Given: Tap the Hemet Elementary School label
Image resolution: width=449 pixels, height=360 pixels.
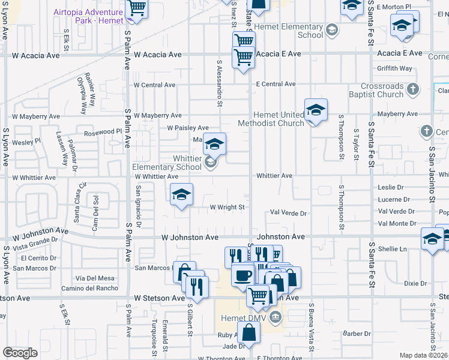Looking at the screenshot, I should click(x=289, y=31).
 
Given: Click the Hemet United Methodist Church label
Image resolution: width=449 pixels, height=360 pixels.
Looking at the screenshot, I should click(x=270, y=119).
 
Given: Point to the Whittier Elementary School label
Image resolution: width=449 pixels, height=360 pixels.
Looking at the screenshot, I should click(x=167, y=163).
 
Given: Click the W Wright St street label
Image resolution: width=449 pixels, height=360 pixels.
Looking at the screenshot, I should click(x=228, y=208).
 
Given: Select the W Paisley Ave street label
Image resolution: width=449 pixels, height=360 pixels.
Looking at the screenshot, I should click(x=188, y=128).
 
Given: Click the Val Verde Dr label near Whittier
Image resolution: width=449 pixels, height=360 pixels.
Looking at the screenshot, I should click(x=288, y=213).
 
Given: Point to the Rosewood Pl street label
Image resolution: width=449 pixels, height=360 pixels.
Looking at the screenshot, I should click(x=103, y=132).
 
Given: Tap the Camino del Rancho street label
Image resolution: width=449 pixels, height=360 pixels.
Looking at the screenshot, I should click(x=90, y=288).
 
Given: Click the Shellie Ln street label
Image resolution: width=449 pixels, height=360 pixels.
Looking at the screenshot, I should click(x=393, y=249).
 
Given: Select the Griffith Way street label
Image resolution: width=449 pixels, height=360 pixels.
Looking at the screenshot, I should click(x=394, y=68).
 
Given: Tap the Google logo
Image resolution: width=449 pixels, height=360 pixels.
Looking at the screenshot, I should click(x=20, y=353).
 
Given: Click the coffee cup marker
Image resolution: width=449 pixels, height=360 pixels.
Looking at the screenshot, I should click(x=243, y=275).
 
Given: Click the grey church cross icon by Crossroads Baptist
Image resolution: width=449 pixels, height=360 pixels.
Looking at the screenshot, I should click(x=412, y=90).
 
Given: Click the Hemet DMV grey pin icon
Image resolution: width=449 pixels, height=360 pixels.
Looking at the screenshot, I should click(x=276, y=317).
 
